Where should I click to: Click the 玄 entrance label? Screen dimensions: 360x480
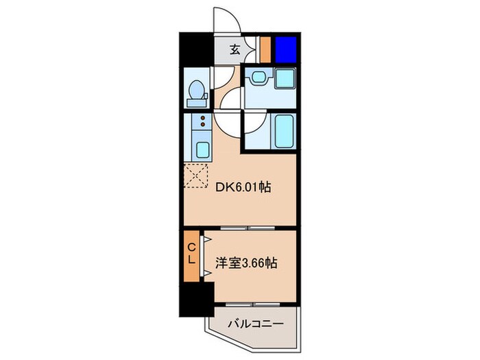tap(234, 49)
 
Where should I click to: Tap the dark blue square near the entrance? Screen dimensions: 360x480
tap(285, 49)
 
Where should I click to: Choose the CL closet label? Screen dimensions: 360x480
tap(193, 253)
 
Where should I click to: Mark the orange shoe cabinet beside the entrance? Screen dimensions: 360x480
tap(265, 49)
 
